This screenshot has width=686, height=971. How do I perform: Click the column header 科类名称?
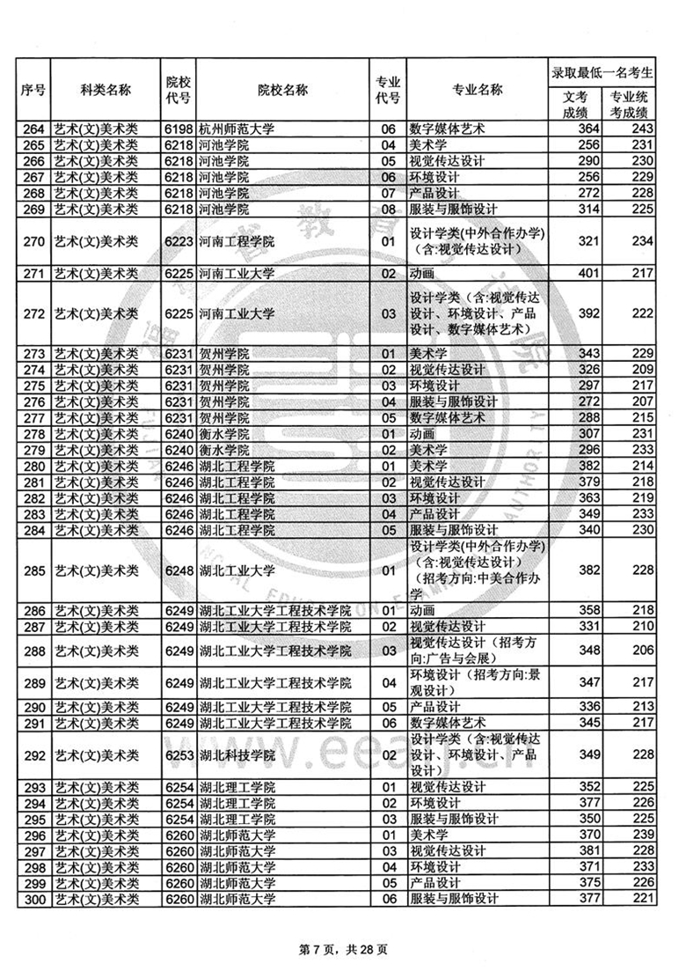click(105, 90)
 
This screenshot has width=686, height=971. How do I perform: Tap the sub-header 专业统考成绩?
click(628, 104)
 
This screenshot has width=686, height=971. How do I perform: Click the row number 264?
click(33, 129)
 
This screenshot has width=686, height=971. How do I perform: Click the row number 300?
click(33, 899)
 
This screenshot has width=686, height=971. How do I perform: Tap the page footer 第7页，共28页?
click(343, 949)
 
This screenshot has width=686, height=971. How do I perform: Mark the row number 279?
click(33, 449)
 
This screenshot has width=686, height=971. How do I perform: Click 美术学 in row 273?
click(429, 353)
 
